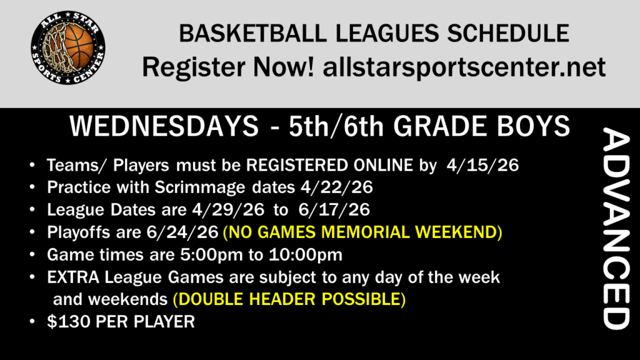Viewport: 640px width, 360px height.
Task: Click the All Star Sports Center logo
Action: (x=68, y=47)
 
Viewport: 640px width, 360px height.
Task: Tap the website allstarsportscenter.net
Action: (x=464, y=67)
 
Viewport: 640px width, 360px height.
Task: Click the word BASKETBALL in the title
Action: (x=252, y=34)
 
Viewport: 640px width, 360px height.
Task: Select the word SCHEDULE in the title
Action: (x=508, y=34)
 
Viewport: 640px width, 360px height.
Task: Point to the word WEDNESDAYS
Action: (x=164, y=126)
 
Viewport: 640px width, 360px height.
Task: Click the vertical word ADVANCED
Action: (x=616, y=229)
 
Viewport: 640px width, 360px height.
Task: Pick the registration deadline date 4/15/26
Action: (x=482, y=165)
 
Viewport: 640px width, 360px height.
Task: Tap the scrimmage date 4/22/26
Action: (x=337, y=187)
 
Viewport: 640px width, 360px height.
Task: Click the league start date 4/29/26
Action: (x=228, y=210)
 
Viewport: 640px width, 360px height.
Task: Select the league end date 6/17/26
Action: (x=334, y=210)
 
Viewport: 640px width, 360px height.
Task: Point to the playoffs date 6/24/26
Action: (x=182, y=232)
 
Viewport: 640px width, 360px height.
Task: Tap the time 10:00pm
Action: (x=305, y=255)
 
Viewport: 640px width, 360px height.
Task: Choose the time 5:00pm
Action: (x=212, y=255)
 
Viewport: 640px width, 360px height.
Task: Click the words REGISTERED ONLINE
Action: (x=329, y=165)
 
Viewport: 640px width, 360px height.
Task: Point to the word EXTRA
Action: (x=73, y=277)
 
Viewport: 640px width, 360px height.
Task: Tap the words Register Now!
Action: (x=228, y=67)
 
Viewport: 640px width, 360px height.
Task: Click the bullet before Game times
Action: (x=32, y=255)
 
